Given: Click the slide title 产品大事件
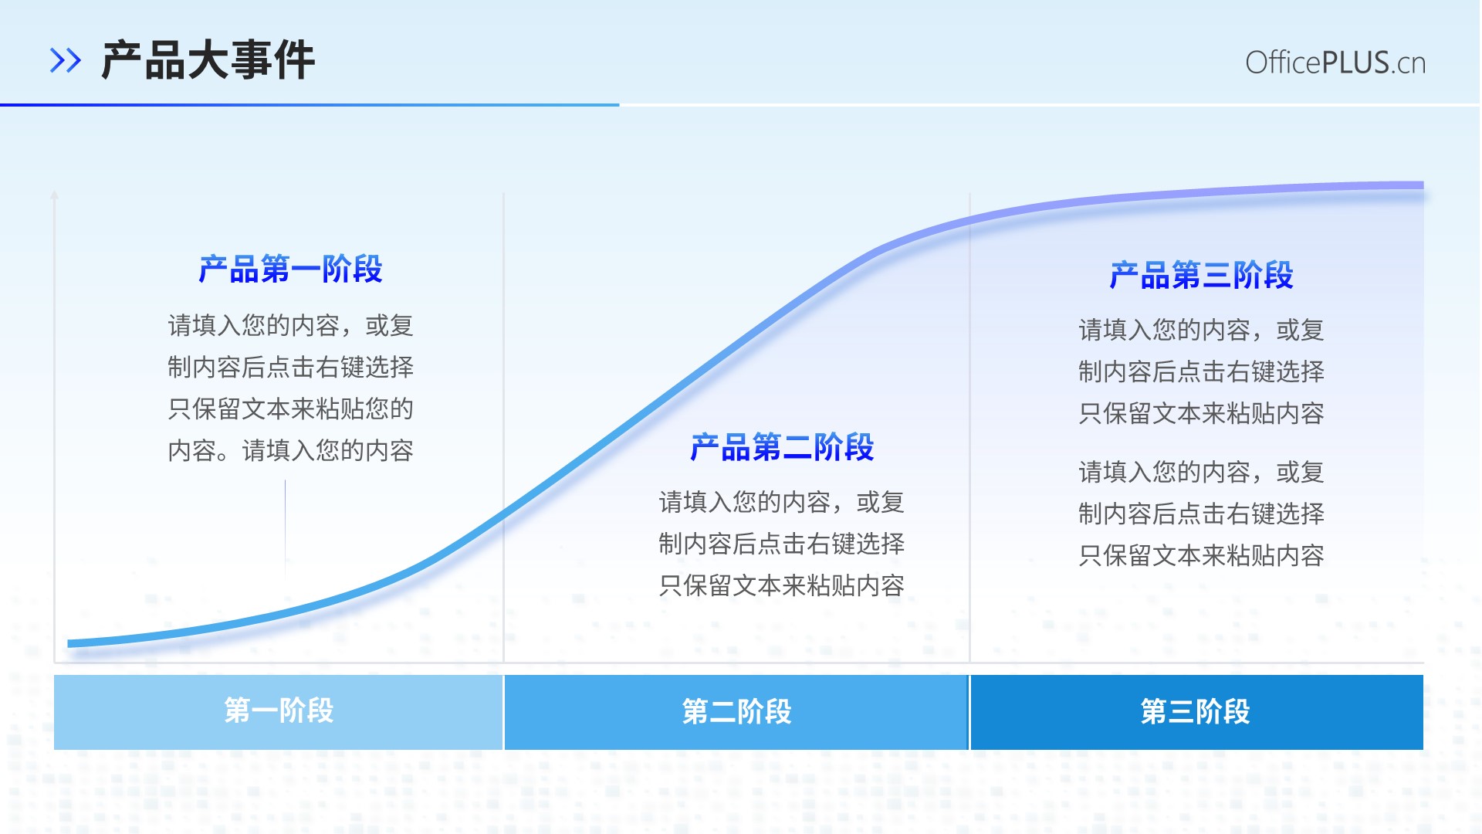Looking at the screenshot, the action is click(x=208, y=60).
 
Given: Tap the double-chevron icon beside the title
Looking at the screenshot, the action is click(x=66, y=60).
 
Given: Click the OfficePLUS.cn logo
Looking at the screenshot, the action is click(x=1335, y=63).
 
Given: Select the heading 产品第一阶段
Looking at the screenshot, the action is click(x=290, y=270).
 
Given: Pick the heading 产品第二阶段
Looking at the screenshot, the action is click(x=782, y=447).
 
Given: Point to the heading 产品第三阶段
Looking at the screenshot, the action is click(x=1201, y=275).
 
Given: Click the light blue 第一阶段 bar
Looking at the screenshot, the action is click(x=279, y=712).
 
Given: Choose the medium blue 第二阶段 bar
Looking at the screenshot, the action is click(x=736, y=712).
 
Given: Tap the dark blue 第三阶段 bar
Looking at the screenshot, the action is click(x=1196, y=712).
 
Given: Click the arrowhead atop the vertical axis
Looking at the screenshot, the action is click(x=54, y=195).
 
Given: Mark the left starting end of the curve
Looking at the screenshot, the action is click(x=69, y=643).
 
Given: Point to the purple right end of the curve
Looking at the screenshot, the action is click(x=1422, y=185).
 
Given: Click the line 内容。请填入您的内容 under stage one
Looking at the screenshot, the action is click(x=290, y=450).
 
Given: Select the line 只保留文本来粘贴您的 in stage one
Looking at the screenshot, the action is click(x=290, y=409).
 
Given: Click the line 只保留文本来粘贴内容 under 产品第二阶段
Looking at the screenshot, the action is click(x=782, y=585).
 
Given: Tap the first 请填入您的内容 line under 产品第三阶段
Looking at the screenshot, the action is click(x=1201, y=331).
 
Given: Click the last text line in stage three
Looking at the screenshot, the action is click(x=1201, y=555).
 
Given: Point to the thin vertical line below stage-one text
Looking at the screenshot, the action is click(x=285, y=529).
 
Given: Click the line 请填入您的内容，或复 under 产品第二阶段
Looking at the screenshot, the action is click(x=782, y=502).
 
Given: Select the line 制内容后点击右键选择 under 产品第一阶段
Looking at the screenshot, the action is click(x=290, y=367).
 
